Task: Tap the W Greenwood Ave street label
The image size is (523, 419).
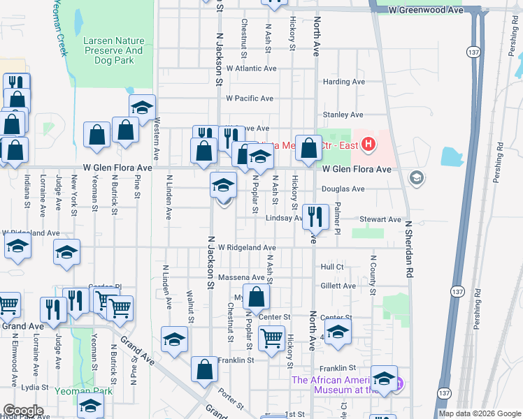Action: tap(427, 11)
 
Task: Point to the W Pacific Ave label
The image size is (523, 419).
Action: tap(249, 98)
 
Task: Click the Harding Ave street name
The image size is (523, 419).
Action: tap(343, 82)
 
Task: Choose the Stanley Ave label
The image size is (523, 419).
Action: tap(343, 115)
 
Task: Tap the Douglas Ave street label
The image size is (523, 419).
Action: tap(343, 189)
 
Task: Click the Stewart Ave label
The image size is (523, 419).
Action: tap(380, 219)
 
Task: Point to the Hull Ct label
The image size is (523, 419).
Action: tap(332, 267)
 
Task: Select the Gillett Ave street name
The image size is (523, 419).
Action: tap(338, 286)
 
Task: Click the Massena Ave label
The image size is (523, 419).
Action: tap(241, 277)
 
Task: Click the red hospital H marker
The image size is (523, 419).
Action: tap(369, 146)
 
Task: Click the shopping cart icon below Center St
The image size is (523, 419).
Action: tap(271, 339)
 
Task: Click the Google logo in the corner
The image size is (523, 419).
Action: tap(23, 411)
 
